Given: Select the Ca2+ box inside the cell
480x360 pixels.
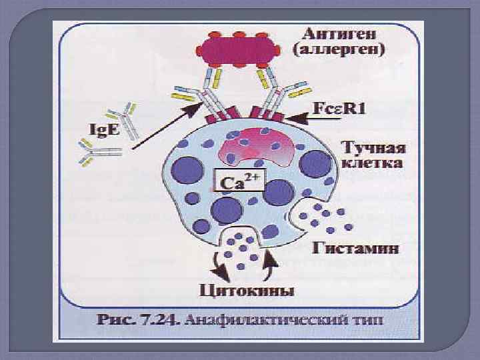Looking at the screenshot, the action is tap(239, 180).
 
